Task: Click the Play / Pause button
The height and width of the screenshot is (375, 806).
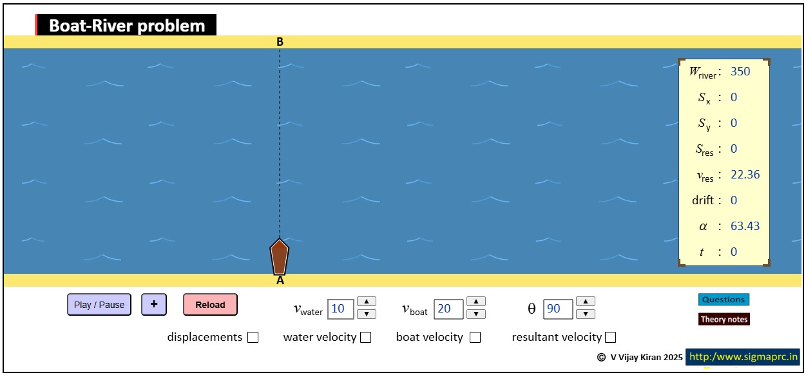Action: (99, 305)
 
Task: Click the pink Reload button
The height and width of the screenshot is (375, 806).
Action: (210, 305)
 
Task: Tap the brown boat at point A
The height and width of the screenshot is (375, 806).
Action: (279, 257)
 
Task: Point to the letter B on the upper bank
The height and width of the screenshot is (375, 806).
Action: (280, 42)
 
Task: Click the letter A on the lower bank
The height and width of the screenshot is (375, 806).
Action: (280, 280)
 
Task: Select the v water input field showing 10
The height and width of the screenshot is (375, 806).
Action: (340, 309)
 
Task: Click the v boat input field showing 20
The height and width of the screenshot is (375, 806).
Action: (448, 309)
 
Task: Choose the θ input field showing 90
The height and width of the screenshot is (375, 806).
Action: (558, 309)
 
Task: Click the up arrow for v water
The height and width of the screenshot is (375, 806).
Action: (367, 302)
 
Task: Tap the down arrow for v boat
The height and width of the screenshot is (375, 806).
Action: (476, 314)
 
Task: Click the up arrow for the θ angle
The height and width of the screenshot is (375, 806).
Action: (586, 302)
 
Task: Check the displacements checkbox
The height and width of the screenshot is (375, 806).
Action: (253, 337)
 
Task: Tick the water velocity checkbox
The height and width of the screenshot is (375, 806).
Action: (366, 337)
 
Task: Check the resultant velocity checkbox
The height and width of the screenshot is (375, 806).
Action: (610, 337)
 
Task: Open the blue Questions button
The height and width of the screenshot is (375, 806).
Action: (724, 300)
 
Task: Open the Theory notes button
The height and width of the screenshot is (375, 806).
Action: (724, 319)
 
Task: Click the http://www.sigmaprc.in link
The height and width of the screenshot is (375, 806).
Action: (743, 357)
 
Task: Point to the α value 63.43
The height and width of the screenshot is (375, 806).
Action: (745, 226)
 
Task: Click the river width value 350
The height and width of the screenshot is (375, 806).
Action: (740, 72)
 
